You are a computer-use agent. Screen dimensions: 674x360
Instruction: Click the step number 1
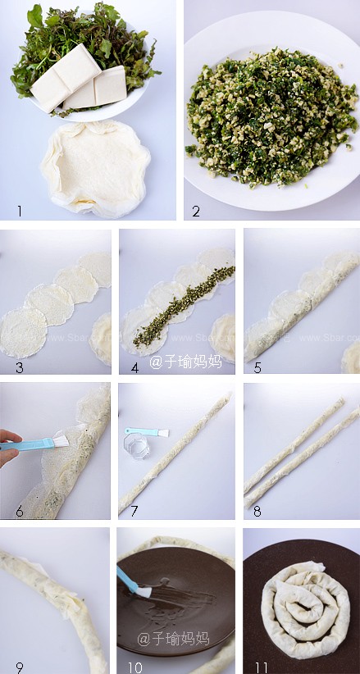coord(19,211)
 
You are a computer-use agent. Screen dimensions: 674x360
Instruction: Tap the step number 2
coord(197,211)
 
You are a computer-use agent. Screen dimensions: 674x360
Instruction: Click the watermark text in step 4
coord(185,361)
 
